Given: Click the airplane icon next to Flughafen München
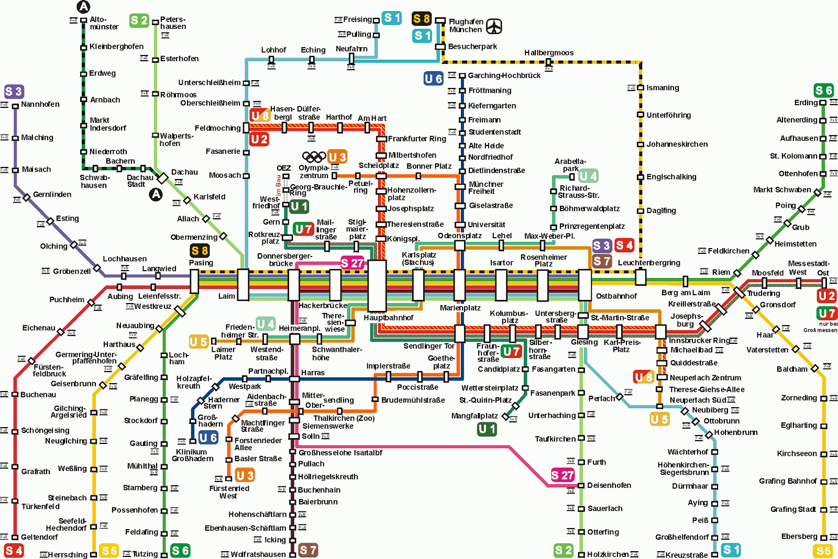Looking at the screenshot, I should [494, 26].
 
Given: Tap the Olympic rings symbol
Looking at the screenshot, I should [314, 156].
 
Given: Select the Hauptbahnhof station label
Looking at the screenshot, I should [388, 318].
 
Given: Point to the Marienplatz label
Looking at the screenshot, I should [460, 308].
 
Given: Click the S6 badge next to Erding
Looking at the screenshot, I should [823, 90].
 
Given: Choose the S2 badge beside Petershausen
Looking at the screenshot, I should [139, 20].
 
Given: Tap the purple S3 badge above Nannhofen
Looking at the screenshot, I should [14, 92].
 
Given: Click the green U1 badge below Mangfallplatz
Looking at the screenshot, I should [487, 429].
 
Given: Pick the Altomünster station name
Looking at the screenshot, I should [104, 23].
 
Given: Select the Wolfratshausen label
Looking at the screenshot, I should [258, 554].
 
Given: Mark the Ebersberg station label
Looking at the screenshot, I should [799, 536].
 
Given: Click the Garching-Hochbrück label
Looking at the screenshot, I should [504, 75].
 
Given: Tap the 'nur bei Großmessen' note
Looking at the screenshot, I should [820, 327].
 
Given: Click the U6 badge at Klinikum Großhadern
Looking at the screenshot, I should [208, 438].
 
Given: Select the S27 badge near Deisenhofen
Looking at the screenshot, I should [563, 475].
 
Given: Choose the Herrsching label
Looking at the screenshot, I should [68, 555].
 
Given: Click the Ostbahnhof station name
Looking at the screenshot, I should [616, 296].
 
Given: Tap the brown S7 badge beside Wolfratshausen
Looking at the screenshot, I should [308, 550].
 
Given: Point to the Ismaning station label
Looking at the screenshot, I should [663, 88].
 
